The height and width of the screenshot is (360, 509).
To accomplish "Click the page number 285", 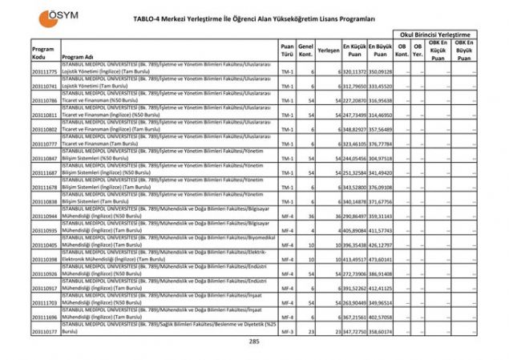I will tap(254, 342).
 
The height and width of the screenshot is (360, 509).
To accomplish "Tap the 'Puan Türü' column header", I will tap(287, 51).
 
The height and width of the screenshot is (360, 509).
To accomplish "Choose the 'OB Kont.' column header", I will tap(404, 51).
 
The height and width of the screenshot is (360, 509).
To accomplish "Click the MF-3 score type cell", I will tap(287, 331).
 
